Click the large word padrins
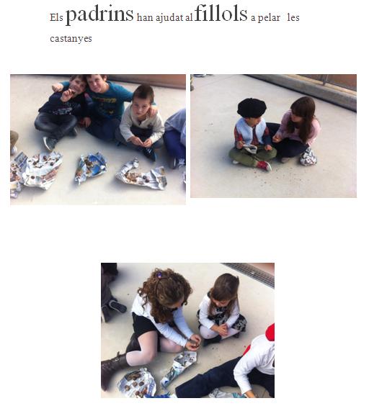99,15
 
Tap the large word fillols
221,13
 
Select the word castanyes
71,39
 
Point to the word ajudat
169,18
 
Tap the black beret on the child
252,107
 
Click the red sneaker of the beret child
264,166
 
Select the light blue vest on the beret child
250,131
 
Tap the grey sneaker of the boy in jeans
49,143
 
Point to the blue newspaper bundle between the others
91,166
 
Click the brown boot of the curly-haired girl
114,369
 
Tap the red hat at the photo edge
270,332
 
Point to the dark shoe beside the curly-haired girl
117,307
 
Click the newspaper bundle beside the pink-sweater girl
308,157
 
